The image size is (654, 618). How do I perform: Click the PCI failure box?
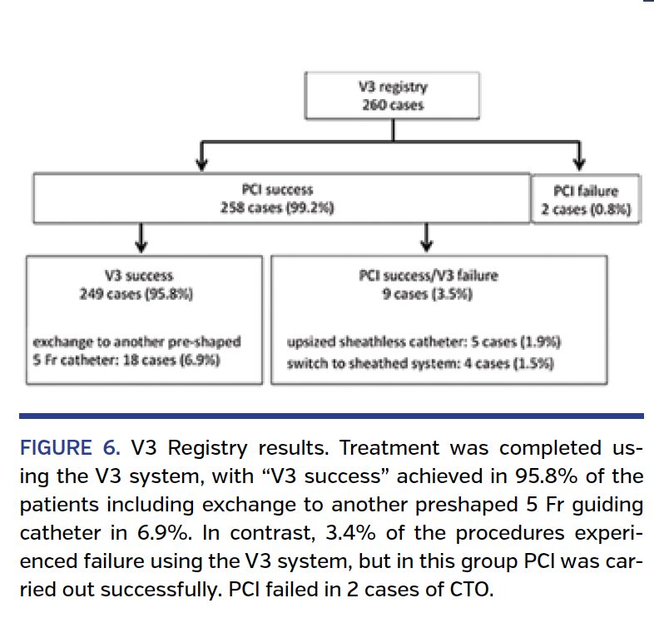586,200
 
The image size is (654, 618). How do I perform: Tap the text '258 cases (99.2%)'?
282,209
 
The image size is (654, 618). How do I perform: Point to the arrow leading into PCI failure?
580,156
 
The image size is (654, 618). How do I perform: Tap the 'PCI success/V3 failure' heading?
429,274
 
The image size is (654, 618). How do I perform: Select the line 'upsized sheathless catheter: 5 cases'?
423,342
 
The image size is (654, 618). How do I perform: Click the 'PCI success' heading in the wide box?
282,191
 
